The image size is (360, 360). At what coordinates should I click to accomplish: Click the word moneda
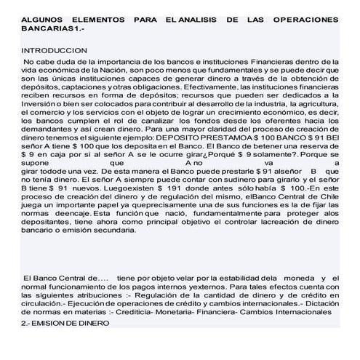[x=295, y=278]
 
